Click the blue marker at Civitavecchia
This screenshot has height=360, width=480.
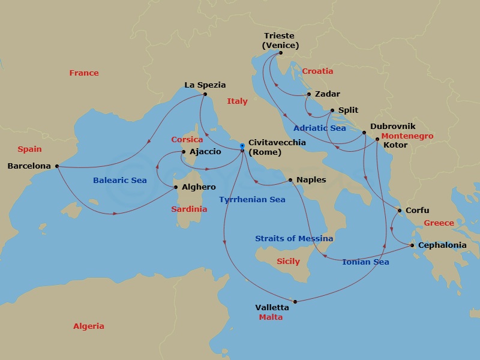click(x=242, y=146)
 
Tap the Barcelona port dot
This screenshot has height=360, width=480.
click(x=57, y=166)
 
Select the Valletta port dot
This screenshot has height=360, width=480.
click(x=295, y=301)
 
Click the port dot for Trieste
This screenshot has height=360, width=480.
click(x=280, y=53)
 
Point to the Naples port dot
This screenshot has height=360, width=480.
click(x=290, y=180)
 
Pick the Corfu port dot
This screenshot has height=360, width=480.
click(x=400, y=211)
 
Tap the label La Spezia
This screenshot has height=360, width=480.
click(x=205, y=85)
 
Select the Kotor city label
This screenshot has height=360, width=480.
click(x=395, y=145)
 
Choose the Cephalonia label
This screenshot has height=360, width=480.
click(x=443, y=245)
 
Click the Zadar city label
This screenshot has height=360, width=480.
click(x=328, y=94)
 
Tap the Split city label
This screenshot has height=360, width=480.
click(x=348, y=110)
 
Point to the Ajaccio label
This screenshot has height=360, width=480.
click(x=205, y=152)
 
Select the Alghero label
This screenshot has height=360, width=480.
click(x=199, y=187)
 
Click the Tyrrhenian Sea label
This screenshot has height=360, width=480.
click(x=252, y=200)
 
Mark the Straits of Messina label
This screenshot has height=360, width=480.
click(x=294, y=239)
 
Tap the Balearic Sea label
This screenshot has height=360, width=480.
click(x=120, y=180)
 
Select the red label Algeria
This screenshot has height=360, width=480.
click(x=89, y=326)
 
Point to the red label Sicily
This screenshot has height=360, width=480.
click(x=288, y=262)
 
